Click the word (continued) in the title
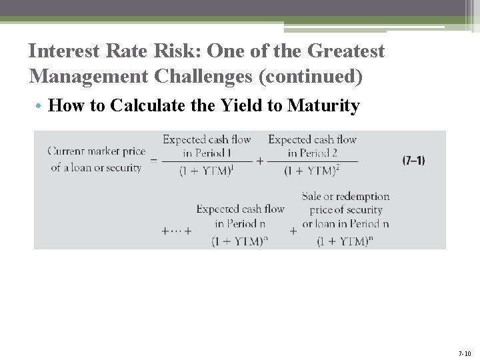313,77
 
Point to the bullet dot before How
41,106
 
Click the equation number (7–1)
413,161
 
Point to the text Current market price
97,151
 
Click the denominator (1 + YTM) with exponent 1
207,171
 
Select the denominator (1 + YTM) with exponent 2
311,171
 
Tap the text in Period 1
207,153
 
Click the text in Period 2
312,153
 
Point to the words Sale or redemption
345,197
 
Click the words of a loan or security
97,167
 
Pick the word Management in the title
89,77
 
